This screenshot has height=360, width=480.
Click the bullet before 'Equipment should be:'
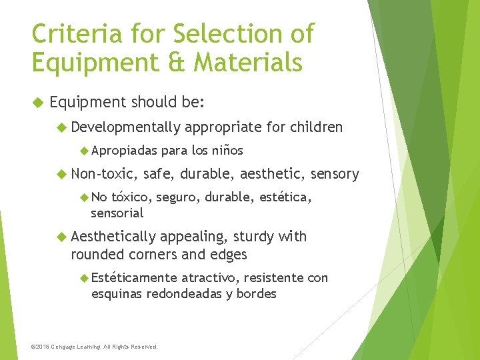point(37,103)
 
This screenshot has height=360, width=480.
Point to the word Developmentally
point(126,127)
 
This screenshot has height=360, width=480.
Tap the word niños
point(227,150)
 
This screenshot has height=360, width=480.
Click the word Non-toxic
point(104,174)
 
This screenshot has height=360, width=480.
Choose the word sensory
point(336,174)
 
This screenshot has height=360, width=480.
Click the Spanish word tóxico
point(131,197)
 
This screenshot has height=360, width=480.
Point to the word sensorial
point(117,213)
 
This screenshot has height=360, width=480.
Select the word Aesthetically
point(113,237)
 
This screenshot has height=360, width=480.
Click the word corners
point(154,254)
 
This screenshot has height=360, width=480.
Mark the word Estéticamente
point(134,277)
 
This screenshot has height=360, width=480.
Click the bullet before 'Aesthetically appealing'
point(61,237)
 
